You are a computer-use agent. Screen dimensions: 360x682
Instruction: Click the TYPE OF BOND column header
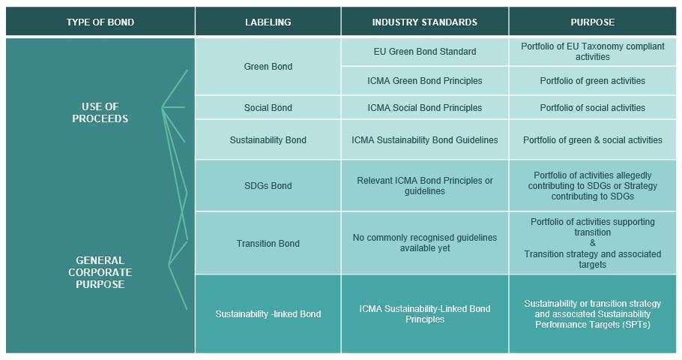pos(100,22)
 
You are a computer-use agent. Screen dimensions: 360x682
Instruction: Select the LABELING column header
pos(268,22)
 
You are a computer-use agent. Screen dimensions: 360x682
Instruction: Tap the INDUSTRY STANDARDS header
pos(424,22)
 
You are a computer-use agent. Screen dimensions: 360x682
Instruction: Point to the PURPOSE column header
pos(592,22)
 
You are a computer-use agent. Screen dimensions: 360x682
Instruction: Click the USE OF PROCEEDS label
pos(100,112)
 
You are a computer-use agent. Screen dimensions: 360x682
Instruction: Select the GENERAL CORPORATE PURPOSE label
pos(100,272)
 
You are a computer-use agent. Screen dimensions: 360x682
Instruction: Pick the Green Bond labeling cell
pos(268,67)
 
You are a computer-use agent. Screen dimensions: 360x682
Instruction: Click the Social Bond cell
pos(268,108)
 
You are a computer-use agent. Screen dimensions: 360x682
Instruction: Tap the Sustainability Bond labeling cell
pos(268,140)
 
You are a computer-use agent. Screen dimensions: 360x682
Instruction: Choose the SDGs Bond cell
pos(268,186)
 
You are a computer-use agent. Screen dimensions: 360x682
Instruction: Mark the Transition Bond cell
pos(268,244)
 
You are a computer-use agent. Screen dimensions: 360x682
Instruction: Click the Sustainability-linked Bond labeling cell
pos(268,314)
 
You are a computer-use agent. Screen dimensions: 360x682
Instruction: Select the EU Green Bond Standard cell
pos(424,52)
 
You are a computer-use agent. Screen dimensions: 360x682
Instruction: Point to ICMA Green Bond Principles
pos(424,81)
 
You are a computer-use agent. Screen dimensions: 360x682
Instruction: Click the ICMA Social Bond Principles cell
pos(424,108)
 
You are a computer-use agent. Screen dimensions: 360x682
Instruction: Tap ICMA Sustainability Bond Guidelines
pos(424,140)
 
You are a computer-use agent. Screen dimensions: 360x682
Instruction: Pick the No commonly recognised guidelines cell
pos(424,243)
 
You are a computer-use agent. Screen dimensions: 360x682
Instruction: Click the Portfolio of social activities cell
pos(592,108)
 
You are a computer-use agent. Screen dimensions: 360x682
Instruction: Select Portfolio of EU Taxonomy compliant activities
pos(592,52)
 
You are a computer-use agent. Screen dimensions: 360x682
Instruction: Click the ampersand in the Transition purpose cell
pos(592,244)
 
